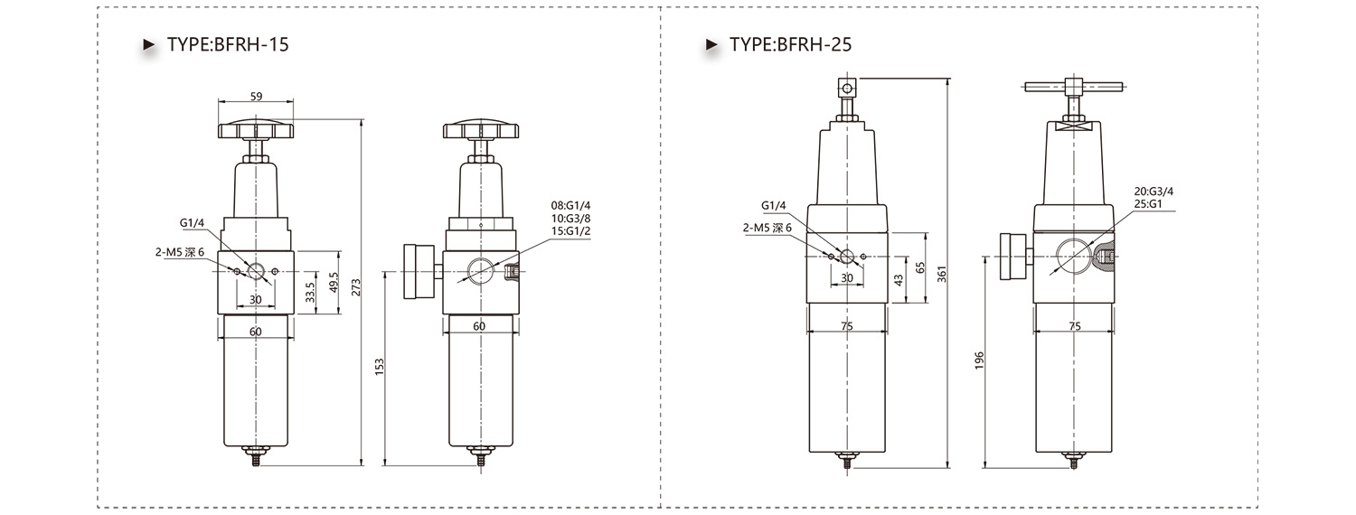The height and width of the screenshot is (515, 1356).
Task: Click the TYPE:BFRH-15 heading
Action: pos(228,45)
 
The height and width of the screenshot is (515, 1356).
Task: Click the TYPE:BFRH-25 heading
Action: pos(790,45)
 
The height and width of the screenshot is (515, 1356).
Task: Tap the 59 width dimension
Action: pos(256,96)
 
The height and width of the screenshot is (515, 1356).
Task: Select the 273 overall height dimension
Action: pos(356,286)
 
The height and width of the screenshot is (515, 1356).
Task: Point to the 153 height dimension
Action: pos(380,367)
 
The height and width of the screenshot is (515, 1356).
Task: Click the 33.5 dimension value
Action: pos(311,293)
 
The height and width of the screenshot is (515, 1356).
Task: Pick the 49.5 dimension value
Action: pos(334,283)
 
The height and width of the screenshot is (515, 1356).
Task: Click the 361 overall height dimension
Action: pos(941,274)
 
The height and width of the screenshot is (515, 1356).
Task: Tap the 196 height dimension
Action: pos(979,360)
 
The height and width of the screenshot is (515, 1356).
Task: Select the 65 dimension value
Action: pos(920,267)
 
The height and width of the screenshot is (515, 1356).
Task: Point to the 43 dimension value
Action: pos(899,280)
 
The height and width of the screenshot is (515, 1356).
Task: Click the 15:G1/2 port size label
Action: pos(570,231)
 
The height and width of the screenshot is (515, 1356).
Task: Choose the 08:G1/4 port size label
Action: pos(570,206)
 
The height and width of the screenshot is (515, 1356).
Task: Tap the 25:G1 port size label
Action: pos(1148,204)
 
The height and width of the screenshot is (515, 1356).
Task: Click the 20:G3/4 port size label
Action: pos(1154,192)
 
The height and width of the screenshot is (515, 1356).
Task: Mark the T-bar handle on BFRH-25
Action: pos(1073,87)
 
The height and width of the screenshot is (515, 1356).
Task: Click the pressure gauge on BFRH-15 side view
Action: pos(419,271)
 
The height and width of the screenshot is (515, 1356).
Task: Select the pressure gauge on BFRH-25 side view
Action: pos(1013,257)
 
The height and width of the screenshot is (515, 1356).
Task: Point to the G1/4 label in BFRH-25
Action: pos(773,206)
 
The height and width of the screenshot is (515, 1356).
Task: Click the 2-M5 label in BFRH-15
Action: pos(169,252)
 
